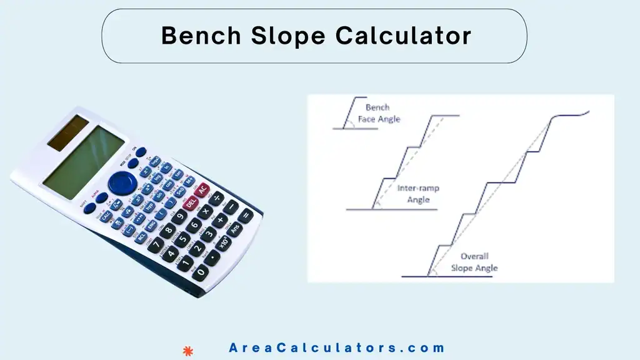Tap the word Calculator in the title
pyautogui.click(x=403, y=36)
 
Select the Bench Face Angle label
pyautogui.click(x=379, y=113)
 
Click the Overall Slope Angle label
pyautogui.click(x=474, y=262)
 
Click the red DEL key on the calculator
pyautogui.click(x=191, y=202)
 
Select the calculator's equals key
pyautogui.click(x=246, y=216)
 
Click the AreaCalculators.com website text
pyautogui.click(x=337, y=348)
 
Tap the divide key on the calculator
pyautogui.click(x=216, y=199)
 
